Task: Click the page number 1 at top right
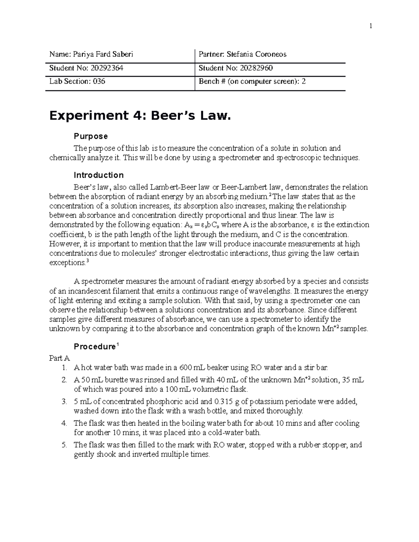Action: (371, 26)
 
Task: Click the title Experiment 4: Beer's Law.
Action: (140, 116)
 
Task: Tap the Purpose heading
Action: (91, 136)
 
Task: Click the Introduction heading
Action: (98, 175)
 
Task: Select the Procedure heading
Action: (94, 347)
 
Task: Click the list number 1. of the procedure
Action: (63, 367)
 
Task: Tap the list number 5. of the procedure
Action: (64, 445)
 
